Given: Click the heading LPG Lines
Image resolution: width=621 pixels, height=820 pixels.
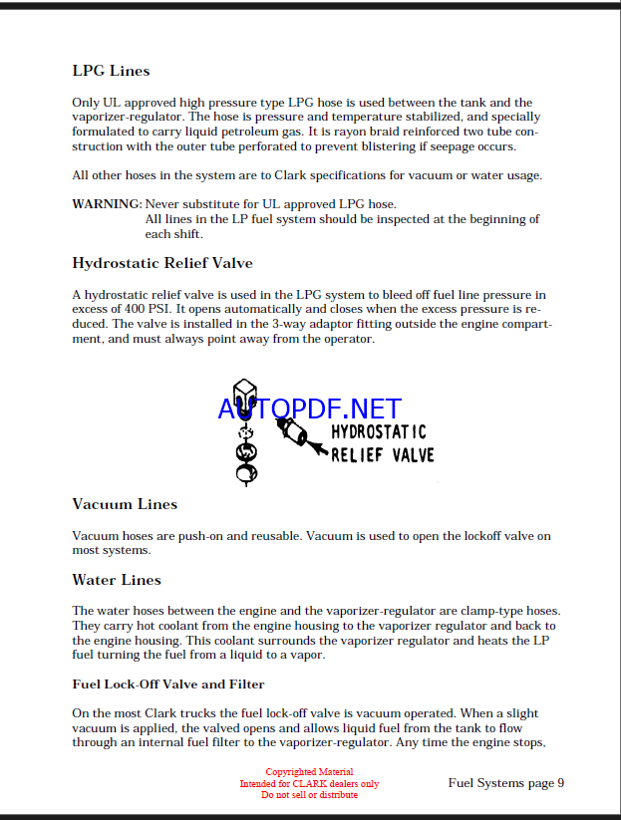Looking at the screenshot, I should (x=111, y=71).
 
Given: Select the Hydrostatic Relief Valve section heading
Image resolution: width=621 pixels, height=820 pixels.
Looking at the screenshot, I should (x=161, y=263).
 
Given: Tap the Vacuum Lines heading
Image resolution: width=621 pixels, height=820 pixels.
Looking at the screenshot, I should (x=125, y=504).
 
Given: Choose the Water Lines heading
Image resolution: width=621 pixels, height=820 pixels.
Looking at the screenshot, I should (x=116, y=580).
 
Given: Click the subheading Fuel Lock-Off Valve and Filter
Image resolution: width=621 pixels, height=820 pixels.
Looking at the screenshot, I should (x=167, y=684).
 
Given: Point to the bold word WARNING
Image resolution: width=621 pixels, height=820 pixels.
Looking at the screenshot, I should (x=107, y=204).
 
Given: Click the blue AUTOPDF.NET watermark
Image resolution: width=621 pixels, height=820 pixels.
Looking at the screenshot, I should (x=309, y=409).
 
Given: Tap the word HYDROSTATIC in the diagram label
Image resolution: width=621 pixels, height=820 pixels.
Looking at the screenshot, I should (x=378, y=432).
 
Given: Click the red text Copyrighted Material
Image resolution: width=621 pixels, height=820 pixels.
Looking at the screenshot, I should (x=309, y=772).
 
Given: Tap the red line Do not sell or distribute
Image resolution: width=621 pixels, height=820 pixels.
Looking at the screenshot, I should (x=309, y=794).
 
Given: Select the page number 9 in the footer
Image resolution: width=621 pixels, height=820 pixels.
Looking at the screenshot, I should (x=560, y=782).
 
